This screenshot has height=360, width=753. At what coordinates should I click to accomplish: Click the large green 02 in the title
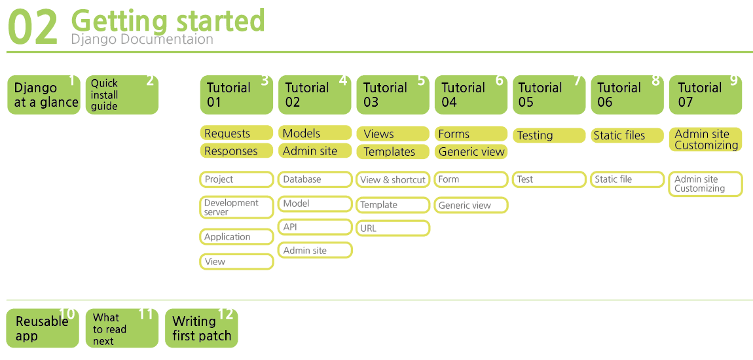tap(33, 28)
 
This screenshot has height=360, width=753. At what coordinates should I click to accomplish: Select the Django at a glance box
tap(44, 94)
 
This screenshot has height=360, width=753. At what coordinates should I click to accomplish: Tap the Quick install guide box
tap(122, 94)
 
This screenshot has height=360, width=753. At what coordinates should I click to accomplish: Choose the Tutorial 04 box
tap(471, 94)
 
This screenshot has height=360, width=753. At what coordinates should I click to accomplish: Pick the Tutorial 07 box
tap(705, 94)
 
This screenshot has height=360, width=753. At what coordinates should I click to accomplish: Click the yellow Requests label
tap(236, 133)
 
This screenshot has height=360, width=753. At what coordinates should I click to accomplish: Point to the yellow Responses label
tap(236, 151)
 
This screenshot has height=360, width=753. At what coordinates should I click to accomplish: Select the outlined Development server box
tap(236, 207)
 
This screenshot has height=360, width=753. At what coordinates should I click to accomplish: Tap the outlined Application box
tap(236, 237)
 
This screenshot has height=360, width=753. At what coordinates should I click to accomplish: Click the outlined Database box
tap(315, 179)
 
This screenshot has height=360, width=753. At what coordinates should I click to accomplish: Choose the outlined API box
tap(315, 227)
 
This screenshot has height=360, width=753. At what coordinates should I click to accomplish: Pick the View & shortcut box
tap(393, 180)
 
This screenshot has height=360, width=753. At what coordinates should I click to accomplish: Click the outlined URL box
tap(393, 228)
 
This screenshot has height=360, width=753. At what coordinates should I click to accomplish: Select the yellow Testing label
tap(549, 135)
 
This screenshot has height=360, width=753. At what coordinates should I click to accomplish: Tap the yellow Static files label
tap(627, 135)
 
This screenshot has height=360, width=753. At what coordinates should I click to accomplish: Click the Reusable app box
tap(43, 329)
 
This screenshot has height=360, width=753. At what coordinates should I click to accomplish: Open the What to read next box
tap(122, 329)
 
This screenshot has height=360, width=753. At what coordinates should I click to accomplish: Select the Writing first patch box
tap(201, 329)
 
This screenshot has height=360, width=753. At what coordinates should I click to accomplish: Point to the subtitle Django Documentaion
tap(141, 39)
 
